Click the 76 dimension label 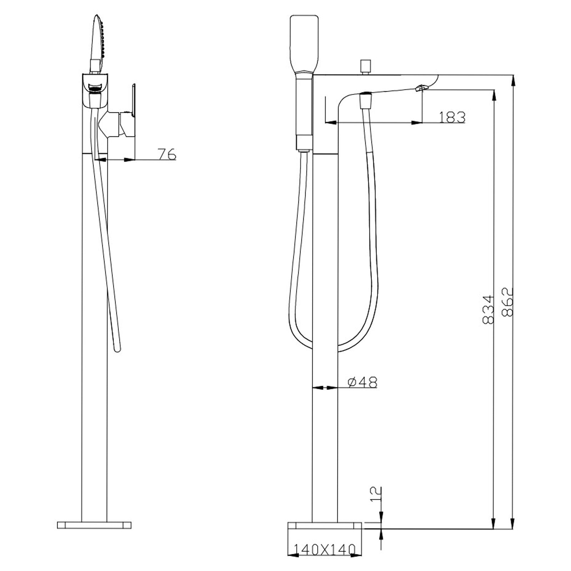(167, 154)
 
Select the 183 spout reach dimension (451, 117)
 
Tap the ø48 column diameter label (362, 382)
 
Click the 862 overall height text (507, 302)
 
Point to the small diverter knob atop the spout (365, 66)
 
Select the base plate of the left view (94, 525)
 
